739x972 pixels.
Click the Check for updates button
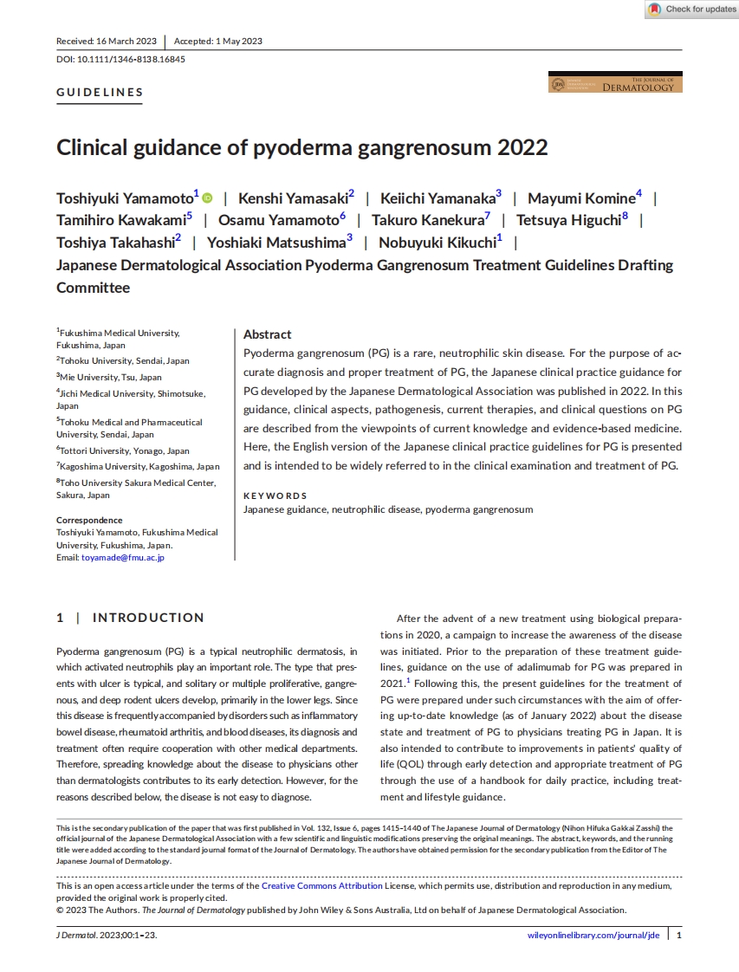point(692,10)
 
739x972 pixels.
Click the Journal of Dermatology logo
point(615,84)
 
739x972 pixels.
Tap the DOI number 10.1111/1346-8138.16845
point(131,59)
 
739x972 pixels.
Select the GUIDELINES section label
point(100,93)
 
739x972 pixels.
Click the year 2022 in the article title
point(522,147)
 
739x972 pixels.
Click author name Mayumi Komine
point(581,198)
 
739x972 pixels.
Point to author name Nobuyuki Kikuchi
point(436,243)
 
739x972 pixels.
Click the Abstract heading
point(267,334)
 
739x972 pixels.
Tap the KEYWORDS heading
point(275,496)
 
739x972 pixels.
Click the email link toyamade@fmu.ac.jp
point(123,558)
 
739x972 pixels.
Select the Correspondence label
point(89,521)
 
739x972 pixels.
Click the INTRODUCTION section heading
point(148,618)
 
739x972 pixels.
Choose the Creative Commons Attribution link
point(322,886)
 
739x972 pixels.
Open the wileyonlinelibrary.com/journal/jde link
point(593,936)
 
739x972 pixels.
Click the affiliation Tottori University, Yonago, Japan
point(123,451)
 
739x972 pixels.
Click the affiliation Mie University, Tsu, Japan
point(109,378)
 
